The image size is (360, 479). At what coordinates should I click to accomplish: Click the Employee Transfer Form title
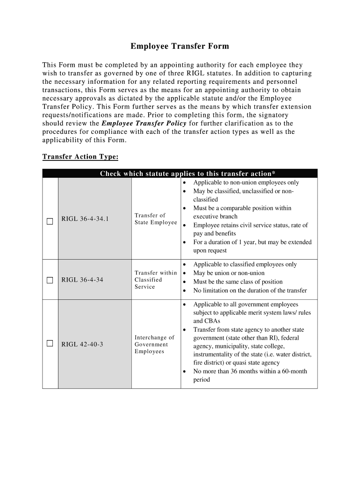tap(180, 46)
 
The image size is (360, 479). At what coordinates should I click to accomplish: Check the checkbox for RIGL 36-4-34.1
tap(50, 221)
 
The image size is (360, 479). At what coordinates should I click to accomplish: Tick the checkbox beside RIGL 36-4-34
tap(50, 280)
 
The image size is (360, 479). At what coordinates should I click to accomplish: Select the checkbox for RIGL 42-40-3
tap(50, 344)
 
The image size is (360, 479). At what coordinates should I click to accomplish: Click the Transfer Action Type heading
tap(80, 156)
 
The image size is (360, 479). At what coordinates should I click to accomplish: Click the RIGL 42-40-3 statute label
tap(82, 345)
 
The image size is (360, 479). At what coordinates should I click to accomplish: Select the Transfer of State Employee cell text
tap(155, 219)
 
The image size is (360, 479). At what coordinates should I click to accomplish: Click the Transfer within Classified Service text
tap(155, 280)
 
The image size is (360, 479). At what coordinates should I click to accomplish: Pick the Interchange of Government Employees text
tap(154, 344)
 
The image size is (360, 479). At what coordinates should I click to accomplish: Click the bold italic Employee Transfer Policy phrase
tap(144, 123)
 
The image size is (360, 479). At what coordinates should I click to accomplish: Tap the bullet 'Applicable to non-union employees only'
tap(246, 182)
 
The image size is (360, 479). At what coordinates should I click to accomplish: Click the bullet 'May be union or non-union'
tap(229, 273)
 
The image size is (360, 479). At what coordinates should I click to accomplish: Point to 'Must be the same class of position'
tap(238, 282)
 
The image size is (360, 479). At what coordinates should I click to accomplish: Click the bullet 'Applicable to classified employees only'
tap(245, 264)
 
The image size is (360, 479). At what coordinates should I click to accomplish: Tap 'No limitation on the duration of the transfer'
tap(250, 290)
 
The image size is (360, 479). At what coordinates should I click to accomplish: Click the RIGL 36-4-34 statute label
tap(82, 280)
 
